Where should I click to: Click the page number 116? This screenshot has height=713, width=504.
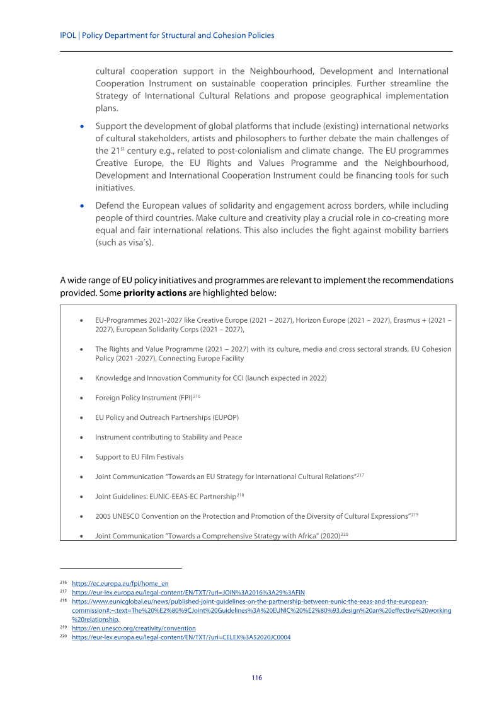tap(256, 678)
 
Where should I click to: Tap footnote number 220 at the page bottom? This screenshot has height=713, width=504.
tap(63, 637)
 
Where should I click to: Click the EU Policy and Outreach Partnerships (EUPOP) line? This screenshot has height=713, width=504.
tap(166, 417)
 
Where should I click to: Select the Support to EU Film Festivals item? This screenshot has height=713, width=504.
tap(139, 457)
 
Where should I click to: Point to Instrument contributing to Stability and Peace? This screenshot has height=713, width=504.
tap(168, 438)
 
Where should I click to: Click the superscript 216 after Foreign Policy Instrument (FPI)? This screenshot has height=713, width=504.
tap(197, 396)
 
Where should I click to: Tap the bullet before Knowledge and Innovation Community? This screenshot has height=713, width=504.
tap(82, 378)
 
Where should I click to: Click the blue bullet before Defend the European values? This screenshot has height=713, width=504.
tap(81, 206)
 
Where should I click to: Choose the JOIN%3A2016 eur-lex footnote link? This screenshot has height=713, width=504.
tap(188, 593)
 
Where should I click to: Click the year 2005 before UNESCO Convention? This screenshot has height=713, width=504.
tap(103, 516)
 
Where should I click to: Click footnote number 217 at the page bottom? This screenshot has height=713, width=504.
tap(63, 593)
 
